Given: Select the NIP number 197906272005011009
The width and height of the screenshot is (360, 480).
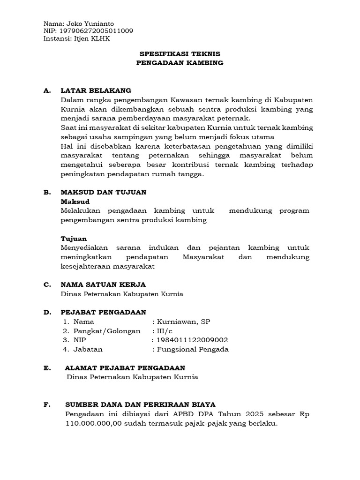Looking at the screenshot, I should [x=97, y=31].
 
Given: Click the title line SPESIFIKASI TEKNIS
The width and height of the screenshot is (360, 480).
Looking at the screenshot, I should [x=180, y=54].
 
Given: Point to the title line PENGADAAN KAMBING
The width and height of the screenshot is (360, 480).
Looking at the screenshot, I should [x=180, y=63].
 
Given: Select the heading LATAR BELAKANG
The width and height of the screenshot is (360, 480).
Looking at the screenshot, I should [x=96, y=90].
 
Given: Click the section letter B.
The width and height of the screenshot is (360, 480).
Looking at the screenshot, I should [x=46, y=192].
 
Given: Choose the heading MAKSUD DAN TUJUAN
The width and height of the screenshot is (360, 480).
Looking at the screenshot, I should [x=104, y=192].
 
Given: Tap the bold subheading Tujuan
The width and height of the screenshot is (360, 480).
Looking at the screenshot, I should [x=74, y=239].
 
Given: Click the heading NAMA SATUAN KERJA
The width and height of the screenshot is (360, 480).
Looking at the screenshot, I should [x=103, y=285].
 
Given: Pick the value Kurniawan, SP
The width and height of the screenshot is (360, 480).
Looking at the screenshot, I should [x=184, y=322].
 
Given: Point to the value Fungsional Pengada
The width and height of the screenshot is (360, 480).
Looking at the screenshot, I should [x=193, y=349].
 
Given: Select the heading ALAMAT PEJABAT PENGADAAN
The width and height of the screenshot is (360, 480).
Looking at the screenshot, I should [x=125, y=368].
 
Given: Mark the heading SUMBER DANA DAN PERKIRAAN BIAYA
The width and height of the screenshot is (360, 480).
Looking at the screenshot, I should [x=140, y=405].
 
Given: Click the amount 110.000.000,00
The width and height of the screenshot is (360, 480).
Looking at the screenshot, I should [x=93, y=423].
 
